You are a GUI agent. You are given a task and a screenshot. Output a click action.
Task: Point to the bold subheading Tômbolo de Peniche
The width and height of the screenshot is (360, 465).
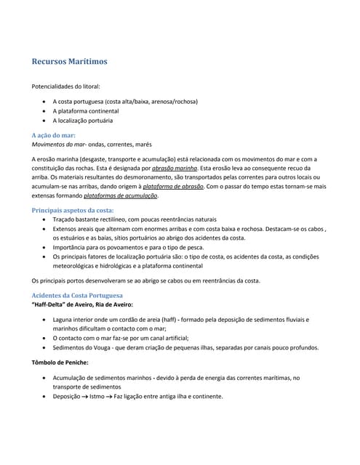point(60,362)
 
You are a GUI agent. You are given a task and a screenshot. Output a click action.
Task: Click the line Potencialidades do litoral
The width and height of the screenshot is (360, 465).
point(66,86)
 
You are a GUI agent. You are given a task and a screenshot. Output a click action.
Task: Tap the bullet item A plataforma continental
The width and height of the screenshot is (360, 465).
point(86,111)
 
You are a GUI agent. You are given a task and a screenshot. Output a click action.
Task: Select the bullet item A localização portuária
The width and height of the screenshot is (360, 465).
point(83,121)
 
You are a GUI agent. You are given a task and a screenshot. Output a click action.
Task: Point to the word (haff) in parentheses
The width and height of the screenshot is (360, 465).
point(167,319)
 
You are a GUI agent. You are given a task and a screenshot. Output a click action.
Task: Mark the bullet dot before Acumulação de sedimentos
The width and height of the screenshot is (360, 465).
point(47,378)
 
